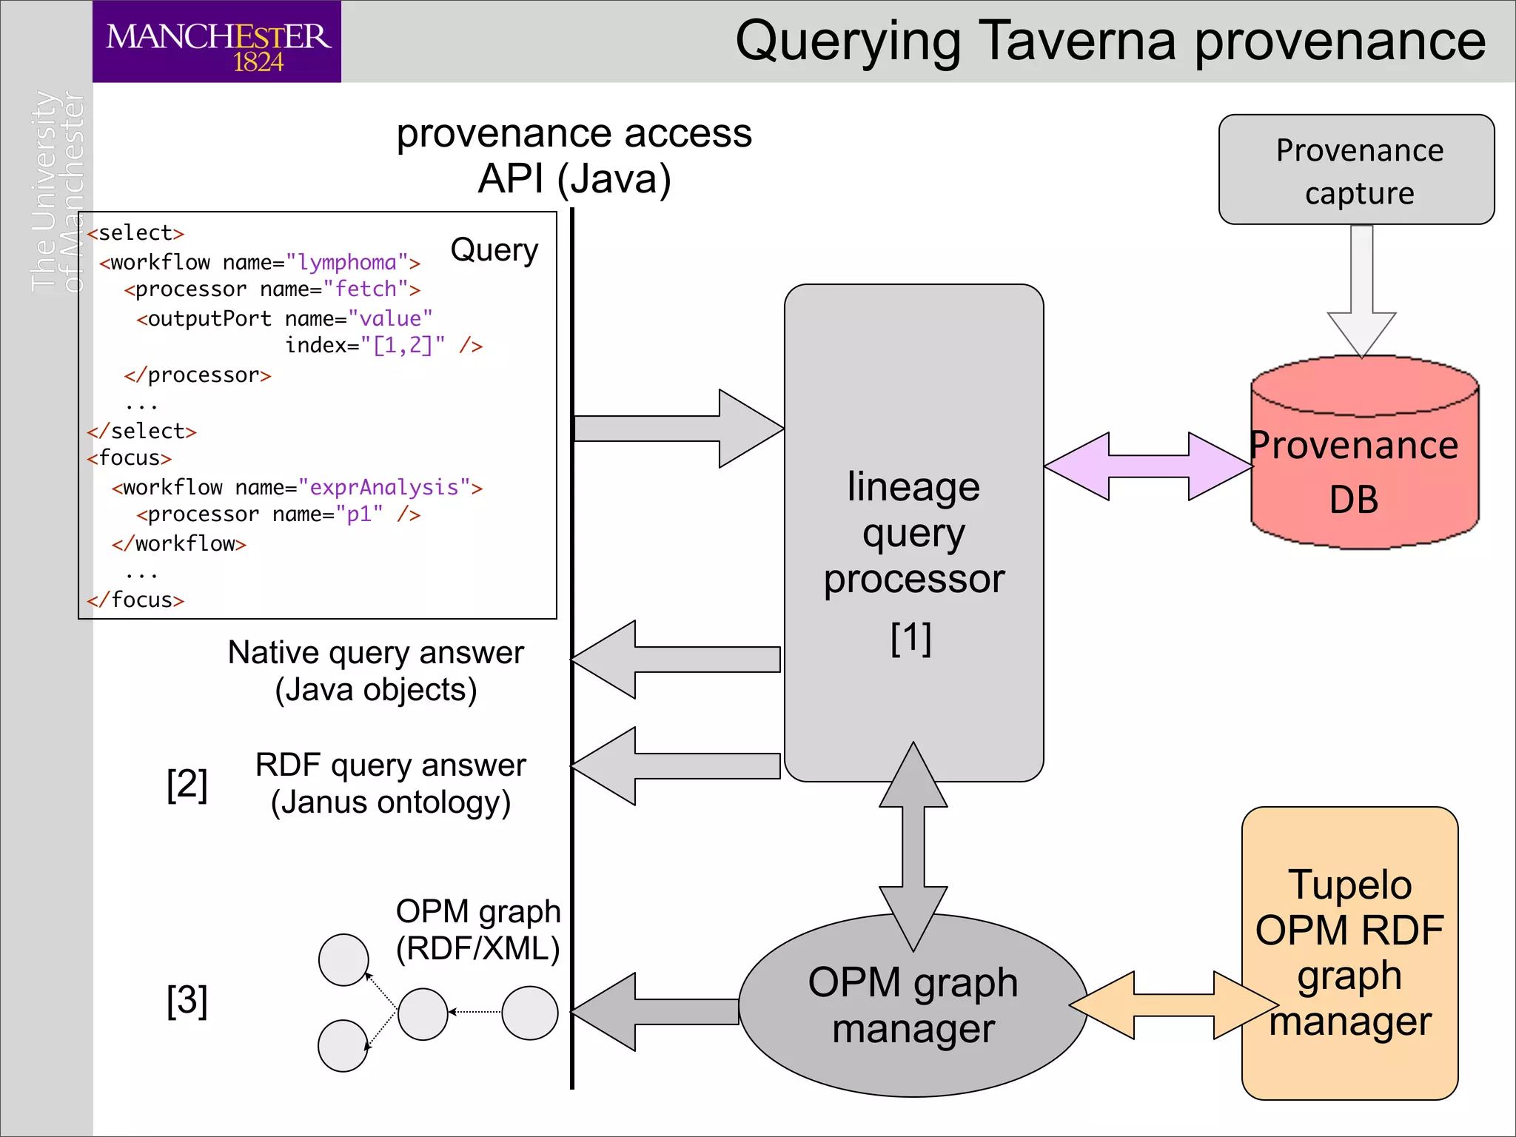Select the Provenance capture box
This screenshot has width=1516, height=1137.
tap(1356, 170)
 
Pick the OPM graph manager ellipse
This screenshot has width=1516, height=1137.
tap(912, 1007)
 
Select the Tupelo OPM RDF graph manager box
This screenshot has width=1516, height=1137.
tap(1349, 953)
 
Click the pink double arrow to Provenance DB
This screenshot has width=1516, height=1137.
tap(1147, 466)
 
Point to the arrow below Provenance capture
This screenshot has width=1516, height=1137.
tap(1362, 292)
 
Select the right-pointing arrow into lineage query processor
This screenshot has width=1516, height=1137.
tap(677, 429)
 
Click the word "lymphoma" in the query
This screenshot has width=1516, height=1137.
tap(347, 263)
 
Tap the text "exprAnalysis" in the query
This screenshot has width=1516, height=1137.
tap(384, 488)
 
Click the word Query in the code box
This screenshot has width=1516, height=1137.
tap(494, 250)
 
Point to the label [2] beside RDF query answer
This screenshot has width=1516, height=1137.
tap(187, 785)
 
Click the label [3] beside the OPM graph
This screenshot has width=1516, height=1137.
tap(187, 1001)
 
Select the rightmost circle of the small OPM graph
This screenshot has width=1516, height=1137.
tap(529, 1013)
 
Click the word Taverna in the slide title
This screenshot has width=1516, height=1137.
tap(1077, 41)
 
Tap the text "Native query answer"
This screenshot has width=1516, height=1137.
tap(375, 653)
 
